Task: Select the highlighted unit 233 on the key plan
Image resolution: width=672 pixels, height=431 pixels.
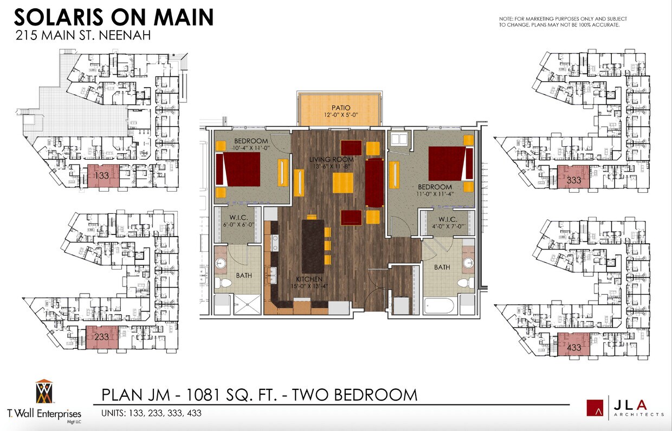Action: point(102,337)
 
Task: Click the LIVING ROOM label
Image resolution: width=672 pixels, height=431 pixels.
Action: point(331,160)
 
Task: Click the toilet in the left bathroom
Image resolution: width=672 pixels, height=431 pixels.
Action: point(222,282)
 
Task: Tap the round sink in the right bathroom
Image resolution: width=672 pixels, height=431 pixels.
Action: point(468,264)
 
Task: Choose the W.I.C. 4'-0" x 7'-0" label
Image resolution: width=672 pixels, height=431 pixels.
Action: point(447,222)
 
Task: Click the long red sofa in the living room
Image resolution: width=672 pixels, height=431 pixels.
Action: point(374,182)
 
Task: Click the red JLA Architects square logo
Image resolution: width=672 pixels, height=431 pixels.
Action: point(595,408)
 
